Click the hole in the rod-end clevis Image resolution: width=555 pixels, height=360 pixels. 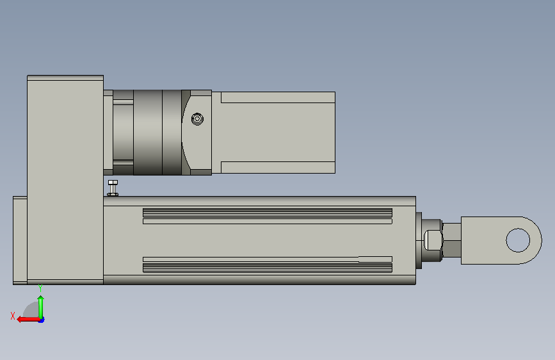[x=518, y=240]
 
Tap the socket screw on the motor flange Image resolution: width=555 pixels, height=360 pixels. [x=197, y=119]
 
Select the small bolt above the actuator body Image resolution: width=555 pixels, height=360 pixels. [x=113, y=188]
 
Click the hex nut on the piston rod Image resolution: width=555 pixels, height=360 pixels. [x=433, y=240]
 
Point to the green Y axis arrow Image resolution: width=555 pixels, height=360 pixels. [x=41, y=307]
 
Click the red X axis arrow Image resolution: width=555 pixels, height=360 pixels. [x=29, y=319]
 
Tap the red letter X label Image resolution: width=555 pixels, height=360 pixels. [x=13, y=316]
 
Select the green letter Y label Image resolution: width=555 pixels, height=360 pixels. [x=40, y=288]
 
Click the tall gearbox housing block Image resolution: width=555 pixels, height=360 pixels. [x=65, y=179]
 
